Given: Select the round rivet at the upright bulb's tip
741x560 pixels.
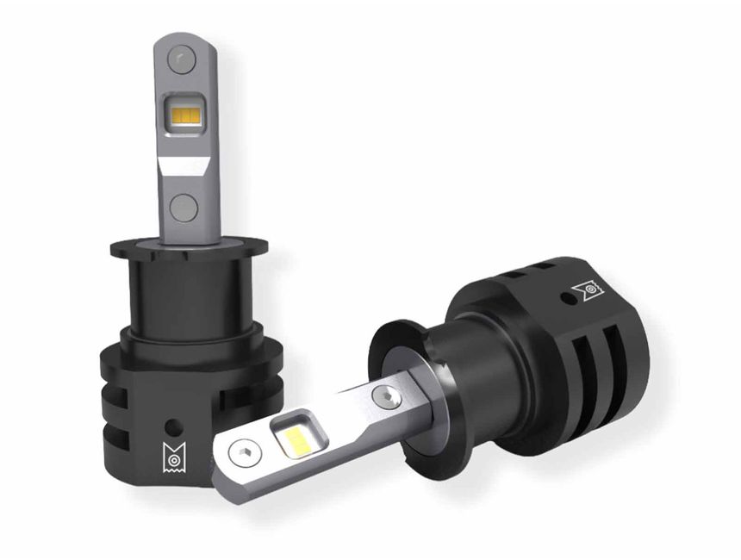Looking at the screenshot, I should [179, 59].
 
